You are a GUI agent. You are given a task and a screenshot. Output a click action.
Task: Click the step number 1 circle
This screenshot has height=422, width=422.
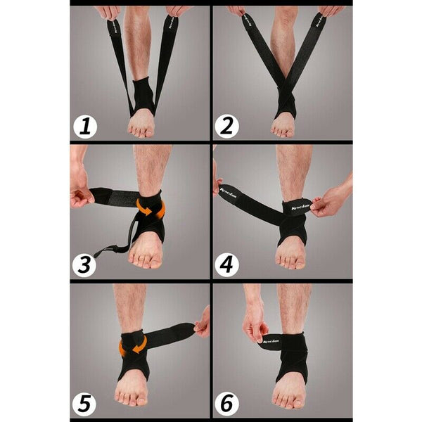[85, 127]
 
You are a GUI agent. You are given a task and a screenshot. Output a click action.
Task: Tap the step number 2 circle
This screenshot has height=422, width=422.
[226, 127]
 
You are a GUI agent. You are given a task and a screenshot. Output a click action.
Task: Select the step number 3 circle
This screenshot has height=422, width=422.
[85, 264]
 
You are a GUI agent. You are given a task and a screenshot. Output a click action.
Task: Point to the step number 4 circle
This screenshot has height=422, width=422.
[226, 264]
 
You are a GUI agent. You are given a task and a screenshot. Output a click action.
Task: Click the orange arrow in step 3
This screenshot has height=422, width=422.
[150, 208]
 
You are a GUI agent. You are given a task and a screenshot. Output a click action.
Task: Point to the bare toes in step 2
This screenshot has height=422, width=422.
[283, 128]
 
